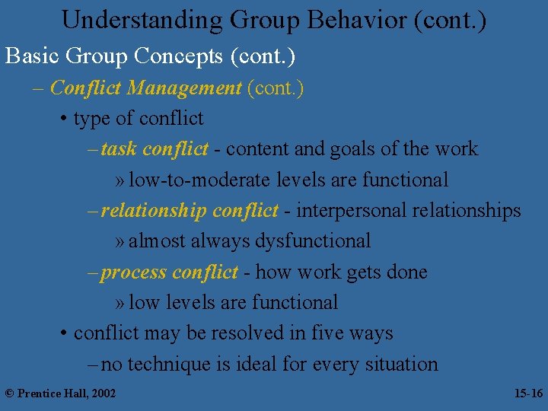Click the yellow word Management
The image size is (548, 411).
click(184, 88)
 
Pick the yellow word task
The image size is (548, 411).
click(118, 149)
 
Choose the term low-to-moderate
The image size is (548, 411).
click(190, 180)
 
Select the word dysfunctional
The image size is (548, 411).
click(313, 241)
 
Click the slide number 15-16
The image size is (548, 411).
click(527, 393)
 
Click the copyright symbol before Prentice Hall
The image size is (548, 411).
click(10, 393)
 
